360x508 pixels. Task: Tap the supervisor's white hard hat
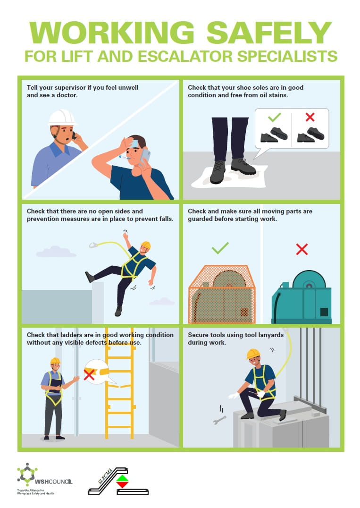(x=62, y=117)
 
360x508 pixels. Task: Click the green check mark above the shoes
(x=274, y=117)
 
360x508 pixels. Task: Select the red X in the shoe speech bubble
(x=310, y=117)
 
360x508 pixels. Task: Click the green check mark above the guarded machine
(x=220, y=248)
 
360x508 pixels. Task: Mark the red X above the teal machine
(x=301, y=249)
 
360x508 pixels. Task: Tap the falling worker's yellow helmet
(x=146, y=245)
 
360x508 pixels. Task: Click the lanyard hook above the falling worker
(x=93, y=245)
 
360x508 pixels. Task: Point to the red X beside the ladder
(x=89, y=374)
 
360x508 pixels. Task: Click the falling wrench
(x=219, y=420)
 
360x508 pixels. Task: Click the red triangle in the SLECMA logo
(x=122, y=485)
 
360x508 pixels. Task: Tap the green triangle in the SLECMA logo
(x=122, y=478)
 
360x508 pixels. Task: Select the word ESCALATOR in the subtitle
(x=185, y=56)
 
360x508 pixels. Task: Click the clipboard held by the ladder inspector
(x=56, y=385)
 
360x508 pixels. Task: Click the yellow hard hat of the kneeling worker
(x=253, y=354)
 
